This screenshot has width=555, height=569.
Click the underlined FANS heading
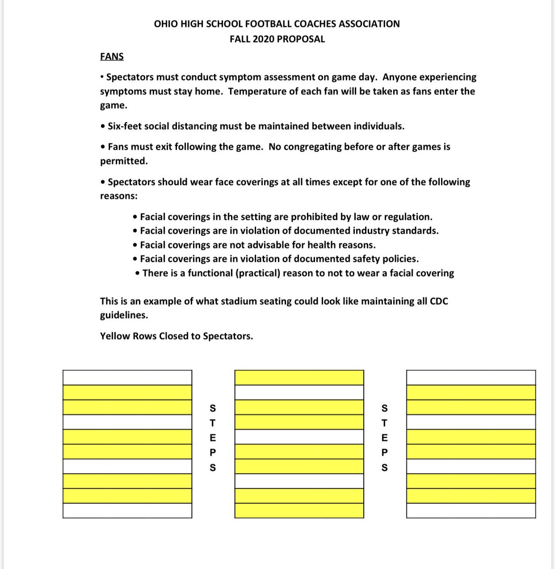[112, 56]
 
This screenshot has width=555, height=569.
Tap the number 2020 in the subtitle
[263, 39]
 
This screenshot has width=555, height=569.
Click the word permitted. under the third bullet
[124, 161]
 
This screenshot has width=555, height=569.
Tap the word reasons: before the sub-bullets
[119, 196]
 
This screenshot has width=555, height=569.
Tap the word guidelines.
[124, 315]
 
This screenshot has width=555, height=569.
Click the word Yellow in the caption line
[114, 336]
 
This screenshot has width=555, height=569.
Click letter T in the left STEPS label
[213, 422]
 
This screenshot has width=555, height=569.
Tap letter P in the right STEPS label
[385, 452]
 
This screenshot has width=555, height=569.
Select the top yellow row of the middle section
[299, 377]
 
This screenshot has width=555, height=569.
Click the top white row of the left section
[127, 377]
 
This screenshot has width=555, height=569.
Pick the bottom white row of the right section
[471, 510]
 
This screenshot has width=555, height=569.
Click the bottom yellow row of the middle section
[299, 510]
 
